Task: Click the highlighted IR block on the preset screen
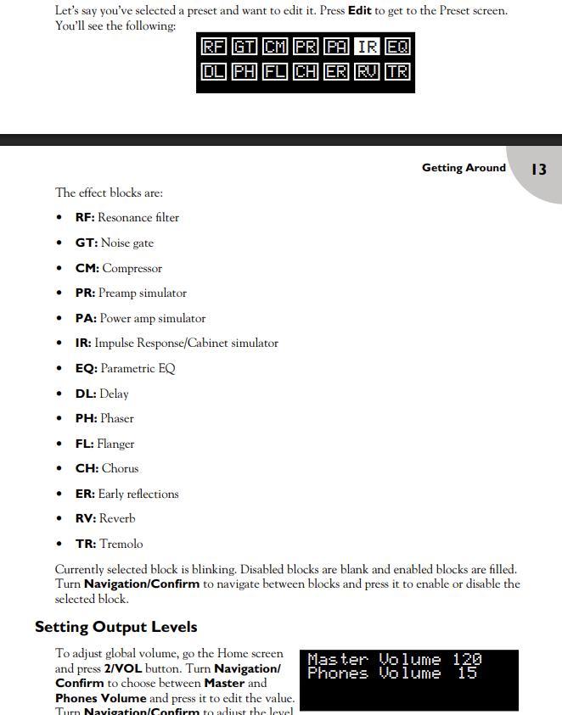tap(367, 47)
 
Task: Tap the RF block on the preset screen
tap(213, 47)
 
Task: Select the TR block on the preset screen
tap(397, 72)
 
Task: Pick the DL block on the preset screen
tap(213, 72)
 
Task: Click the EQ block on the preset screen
tap(397, 47)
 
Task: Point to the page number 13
tap(538, 170)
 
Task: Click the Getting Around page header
tap(464, 168)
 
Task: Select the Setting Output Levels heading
tap(115, 628)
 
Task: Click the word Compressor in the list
tap(132, 269)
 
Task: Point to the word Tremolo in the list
tap(121, 545)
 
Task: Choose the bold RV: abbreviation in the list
tap(86, 519)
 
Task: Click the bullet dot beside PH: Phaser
tap(59, 419)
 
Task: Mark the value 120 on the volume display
tap(467, 660)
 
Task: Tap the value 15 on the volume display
tap(467, 673)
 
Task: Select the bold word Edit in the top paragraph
tap(359, 11)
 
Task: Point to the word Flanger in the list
tap(115, 444)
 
